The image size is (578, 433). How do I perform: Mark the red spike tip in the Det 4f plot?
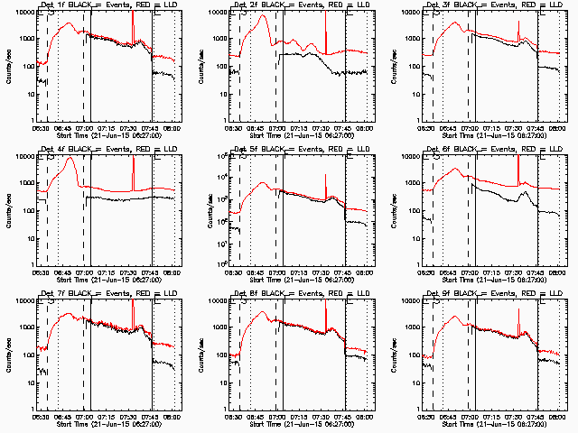coord(133,159)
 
